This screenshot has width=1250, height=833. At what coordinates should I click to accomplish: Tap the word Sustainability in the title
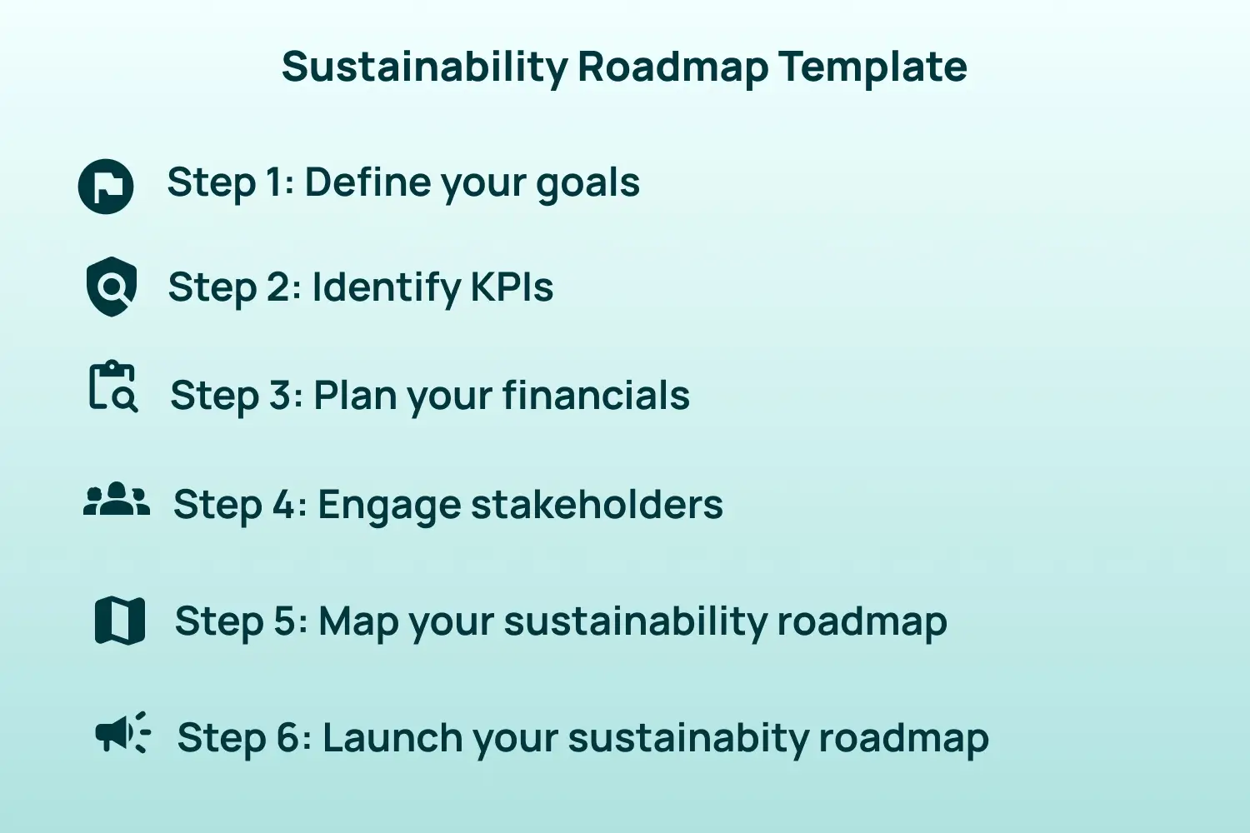click(424, 67)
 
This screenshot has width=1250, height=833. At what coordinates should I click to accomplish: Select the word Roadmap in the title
click(672, 67)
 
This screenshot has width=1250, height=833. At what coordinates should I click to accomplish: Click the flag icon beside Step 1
click(106, 186)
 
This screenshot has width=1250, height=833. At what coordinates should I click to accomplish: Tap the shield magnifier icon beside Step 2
click(112, 287)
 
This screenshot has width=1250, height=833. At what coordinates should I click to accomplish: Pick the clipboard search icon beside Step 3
click(112, 387)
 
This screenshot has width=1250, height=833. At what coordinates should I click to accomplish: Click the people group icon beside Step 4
click(117, 501)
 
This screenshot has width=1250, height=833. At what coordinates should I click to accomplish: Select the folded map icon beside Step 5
click(120, 621)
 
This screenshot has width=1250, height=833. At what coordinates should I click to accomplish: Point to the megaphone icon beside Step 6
click(122, 733)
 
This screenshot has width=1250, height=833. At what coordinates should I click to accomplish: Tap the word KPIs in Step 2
click(512, 287)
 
